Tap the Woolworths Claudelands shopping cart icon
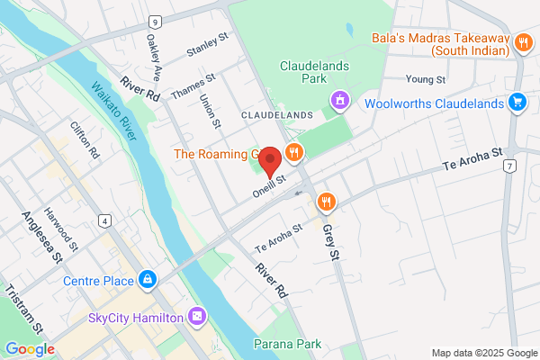pos(517,103)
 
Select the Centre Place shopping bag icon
pos(147,280)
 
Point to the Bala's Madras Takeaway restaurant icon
pos(522,42)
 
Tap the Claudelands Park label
pos(315,73)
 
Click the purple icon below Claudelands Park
pos(338,98)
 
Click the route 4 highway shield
pos(105,219)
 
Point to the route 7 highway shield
pos(510,166)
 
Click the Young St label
pos(426,80)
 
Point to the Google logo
pos(30,348)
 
